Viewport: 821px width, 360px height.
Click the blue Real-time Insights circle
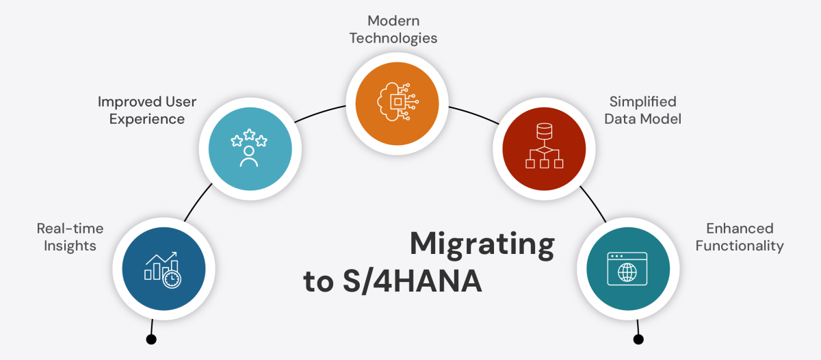point(163,268)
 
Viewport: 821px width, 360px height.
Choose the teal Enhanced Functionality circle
point(627,268)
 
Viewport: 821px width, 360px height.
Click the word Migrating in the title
point(482,245)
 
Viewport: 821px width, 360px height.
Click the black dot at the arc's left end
point(151,339)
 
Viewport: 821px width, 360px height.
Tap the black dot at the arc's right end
point(638,339)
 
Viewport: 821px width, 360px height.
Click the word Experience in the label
point(147,119)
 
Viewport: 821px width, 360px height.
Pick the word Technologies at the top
point(393,38)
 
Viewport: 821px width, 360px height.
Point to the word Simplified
point(642,102)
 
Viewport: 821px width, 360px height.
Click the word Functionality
point(740,245)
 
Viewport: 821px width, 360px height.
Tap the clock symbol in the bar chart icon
point(172,279)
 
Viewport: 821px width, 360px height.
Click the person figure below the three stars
point(249,157)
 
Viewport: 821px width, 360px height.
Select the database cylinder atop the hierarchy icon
point(543,130)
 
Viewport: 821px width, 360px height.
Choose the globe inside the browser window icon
point(627,272)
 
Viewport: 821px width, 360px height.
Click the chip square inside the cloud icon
point(396,101)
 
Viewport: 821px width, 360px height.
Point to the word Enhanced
point(740,228)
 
